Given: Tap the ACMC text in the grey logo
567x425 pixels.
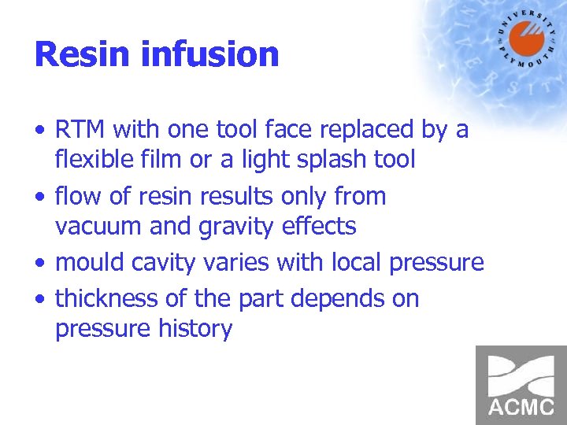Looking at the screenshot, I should (x=521, y=408).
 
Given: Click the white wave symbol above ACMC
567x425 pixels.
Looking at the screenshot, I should (x=521, y=375).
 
